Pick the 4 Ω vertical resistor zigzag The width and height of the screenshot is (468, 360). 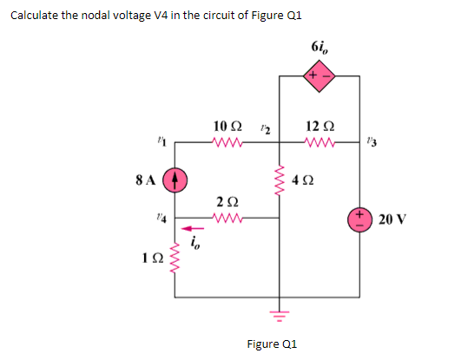pyautogui.click(x=278, y=181)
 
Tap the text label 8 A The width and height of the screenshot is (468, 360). pyautogui.click(x=146, y=182)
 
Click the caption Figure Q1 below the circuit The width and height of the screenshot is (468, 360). pyautogui.click(x=272, y=344)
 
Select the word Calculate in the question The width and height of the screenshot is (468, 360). pyautogui.click(x=34, y=17)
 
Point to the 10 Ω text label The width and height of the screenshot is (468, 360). pyautogui.click(x=227, y=127)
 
